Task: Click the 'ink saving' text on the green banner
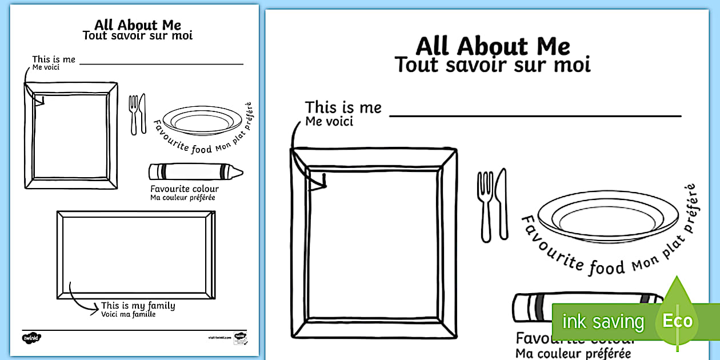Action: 602,322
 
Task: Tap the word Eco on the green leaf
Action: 677,321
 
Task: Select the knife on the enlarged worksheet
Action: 501,203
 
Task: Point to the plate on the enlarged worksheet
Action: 607,218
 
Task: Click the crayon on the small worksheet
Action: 195,171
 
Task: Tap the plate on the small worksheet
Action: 202,121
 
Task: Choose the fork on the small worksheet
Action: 134,114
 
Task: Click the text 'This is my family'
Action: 138,306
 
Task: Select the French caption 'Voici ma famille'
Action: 128,314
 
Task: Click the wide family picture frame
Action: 136,254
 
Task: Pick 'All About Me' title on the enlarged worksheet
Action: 493,46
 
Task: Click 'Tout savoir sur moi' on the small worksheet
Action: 138,35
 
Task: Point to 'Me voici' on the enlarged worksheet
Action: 329,121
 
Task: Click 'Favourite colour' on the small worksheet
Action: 184,189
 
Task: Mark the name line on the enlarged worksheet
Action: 535,116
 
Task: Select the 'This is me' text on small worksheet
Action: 53,59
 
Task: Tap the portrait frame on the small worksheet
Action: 71,135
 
